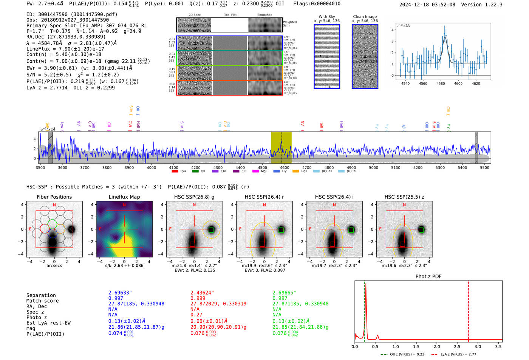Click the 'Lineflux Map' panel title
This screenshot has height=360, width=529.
[x=124, y=197]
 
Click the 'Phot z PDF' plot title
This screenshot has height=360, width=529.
[x=428, y=277]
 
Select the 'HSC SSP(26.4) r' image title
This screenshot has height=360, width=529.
[x=264, y=197]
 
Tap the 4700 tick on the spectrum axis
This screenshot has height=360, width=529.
[x=307, y=168]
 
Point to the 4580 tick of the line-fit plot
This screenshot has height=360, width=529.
[x=441, y=83]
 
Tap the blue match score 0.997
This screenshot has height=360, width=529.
[x=116, y=298]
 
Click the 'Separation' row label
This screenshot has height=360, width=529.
[x=41, y=295]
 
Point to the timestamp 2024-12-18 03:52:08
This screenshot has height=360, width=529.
[x=427, y=5]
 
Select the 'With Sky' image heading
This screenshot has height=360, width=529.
[x=327, y=17]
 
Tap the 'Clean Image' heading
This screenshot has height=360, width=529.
[x=365, y=17]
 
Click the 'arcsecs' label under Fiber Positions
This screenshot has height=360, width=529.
[x=54, y=266]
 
